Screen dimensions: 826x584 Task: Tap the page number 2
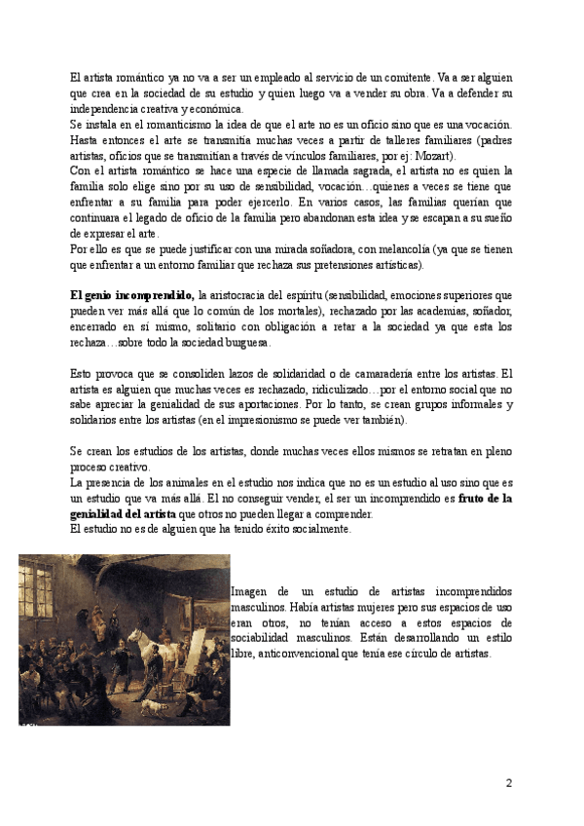tap(508, 782)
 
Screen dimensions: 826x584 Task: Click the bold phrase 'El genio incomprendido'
tap(132, 294)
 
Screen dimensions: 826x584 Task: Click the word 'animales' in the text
tap(179, 483)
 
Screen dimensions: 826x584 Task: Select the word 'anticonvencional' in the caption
tap(300, 654)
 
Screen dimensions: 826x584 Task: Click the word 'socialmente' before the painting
tap(305, 530)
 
